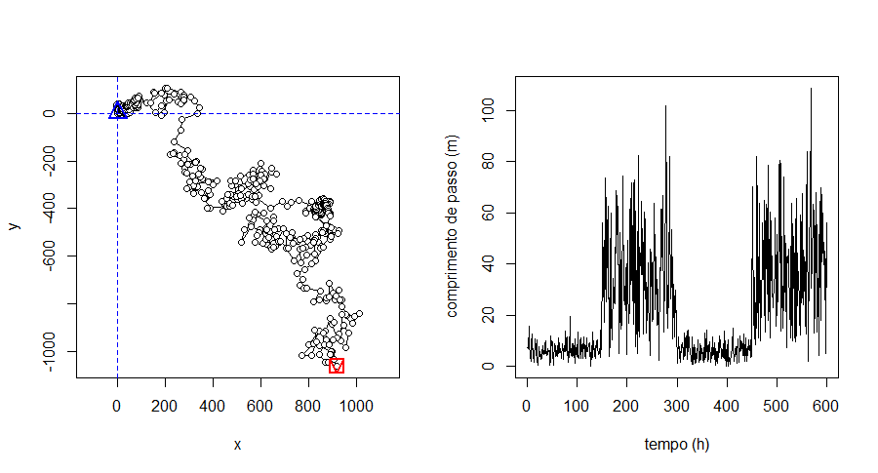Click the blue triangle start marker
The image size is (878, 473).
(x=118, y=111)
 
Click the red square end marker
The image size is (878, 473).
(x=337, y=366)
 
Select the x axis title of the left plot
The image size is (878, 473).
(x=237, y=445)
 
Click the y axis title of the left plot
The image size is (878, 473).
(x=14, y=225)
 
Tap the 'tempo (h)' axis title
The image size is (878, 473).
(x=677, y=445)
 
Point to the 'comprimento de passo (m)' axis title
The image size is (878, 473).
(x=452, y=225)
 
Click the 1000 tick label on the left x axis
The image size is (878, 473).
(x=356, y=401)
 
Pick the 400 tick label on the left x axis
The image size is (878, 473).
(x=213, y=401)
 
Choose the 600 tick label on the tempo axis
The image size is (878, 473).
(x=826, y=401)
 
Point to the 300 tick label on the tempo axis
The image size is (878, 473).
(x=677, y=401)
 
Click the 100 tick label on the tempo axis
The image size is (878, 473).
(x=577, y=401)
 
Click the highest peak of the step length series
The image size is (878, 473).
(x=810, y=89)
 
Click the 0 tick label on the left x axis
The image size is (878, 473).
(x=117, y=401)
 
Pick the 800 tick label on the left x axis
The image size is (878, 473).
(x=308, y=401)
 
